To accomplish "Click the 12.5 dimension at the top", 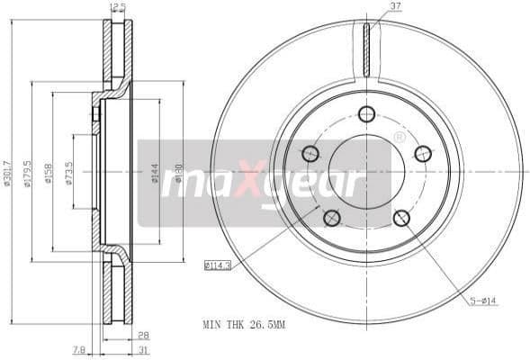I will point(117,7).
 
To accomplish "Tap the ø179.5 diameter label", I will point(28,172).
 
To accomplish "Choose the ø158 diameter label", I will point(49,172).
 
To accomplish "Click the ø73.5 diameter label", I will point(69,172).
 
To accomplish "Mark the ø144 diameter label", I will point(155,172).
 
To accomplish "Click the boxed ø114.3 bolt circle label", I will point(217,265).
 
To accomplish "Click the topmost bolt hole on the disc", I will point(366,113).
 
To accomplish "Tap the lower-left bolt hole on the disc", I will point(331,217).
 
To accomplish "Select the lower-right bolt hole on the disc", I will point(401,217).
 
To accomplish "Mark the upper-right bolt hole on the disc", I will point(423,153).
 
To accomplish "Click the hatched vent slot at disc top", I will point(366,49).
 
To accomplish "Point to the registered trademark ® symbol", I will point(400,137).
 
